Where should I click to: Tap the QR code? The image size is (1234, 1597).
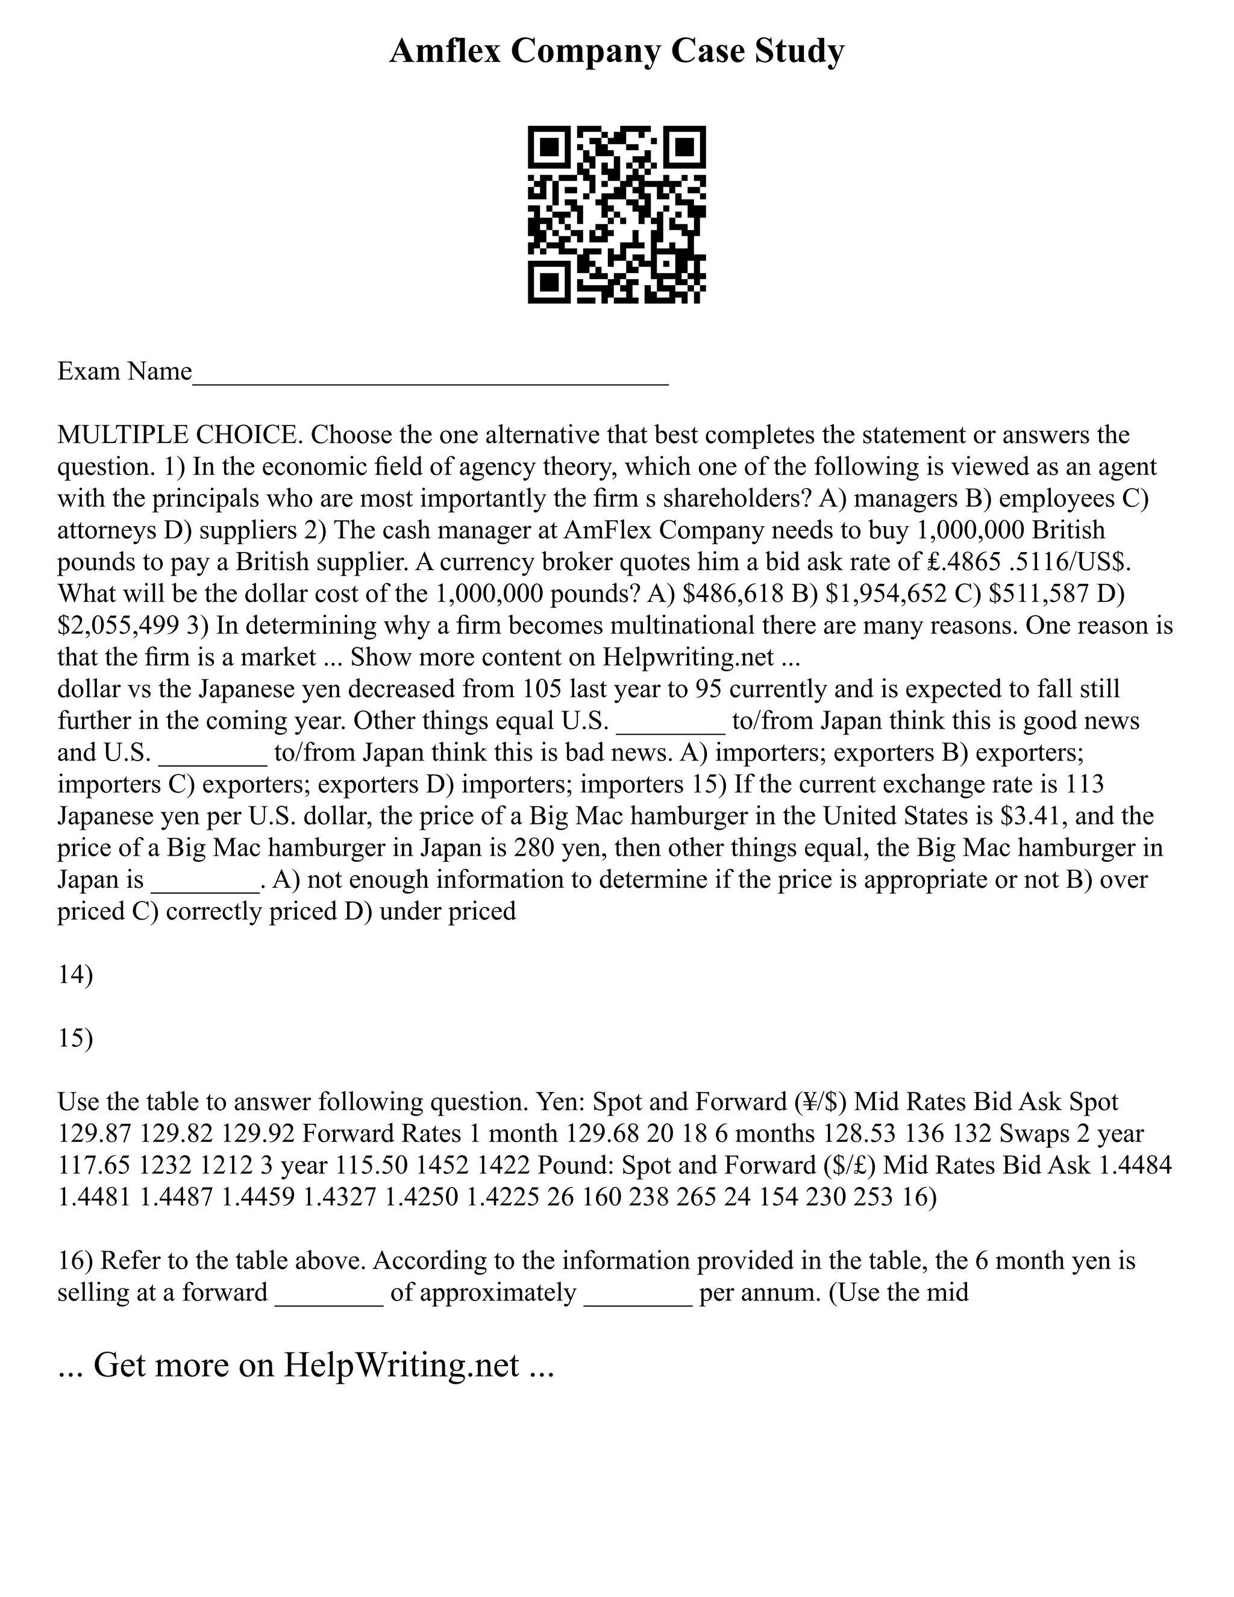(x=616, y=215)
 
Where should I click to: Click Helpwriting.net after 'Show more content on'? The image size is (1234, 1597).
(x=688, y=657)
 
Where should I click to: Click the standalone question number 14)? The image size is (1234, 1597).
(x=75, y=976)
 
